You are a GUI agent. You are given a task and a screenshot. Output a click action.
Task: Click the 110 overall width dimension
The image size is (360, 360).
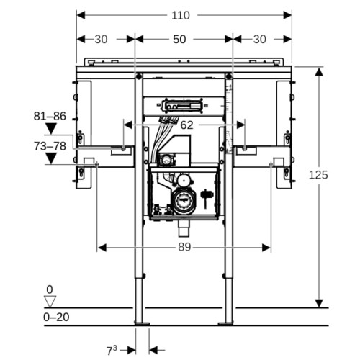[x=181, y=16]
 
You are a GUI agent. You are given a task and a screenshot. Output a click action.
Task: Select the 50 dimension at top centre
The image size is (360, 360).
[x=179, y=40]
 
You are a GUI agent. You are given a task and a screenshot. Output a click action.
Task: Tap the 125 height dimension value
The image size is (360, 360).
[x=318, y=175]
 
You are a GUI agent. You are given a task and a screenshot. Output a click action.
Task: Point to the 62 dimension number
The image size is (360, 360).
[x=186, y=125]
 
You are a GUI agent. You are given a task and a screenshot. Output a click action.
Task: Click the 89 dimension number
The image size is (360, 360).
[x=184, y=247]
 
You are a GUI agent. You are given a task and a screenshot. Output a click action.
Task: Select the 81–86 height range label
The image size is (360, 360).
[x=50, y=116]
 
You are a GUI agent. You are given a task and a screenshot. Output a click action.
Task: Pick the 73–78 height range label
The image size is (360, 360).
[x=50, y=146]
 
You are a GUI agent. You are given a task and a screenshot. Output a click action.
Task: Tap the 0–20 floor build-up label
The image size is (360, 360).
[x=56, y=318]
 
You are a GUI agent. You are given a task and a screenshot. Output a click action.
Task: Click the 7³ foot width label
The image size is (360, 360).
[x=112, y=351]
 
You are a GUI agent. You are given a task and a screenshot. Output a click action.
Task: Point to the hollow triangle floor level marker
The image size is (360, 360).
[x=50, y=302]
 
